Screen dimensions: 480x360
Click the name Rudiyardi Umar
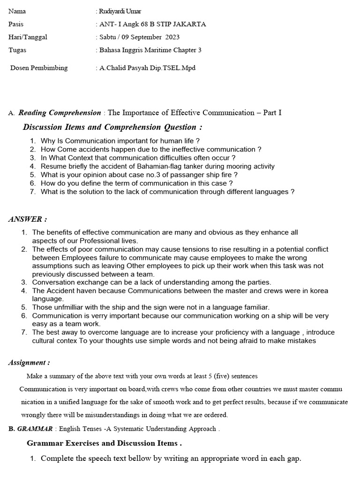coord(120,11)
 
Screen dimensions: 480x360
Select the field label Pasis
coord(16,24)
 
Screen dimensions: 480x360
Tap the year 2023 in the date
coord(171,37)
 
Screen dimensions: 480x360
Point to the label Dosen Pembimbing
coord(39,68)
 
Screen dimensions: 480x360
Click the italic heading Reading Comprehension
coord(60,112)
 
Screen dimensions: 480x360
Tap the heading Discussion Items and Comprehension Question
coord(112,127)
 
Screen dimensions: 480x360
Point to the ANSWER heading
coord(28,219)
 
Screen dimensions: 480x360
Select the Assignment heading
coord(30,362)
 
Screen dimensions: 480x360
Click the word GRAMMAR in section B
coord(36,428)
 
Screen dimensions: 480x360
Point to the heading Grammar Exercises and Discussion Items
coord(104,443)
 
